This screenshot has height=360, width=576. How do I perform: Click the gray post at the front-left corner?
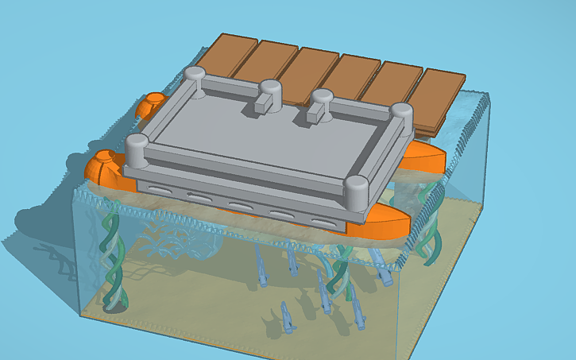tap(137, 149)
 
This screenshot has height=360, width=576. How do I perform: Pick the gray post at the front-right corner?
tap(357, 191)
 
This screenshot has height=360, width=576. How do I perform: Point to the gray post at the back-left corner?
tap(195, 77)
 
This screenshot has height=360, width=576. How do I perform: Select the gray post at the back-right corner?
tap(403, 114)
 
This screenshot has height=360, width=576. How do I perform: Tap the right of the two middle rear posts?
tap(322, 100)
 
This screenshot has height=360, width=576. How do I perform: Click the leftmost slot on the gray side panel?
tap(159, 189)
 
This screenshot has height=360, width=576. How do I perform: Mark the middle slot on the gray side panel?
tap(238, 205)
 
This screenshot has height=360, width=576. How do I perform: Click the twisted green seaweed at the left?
tap(111, 254)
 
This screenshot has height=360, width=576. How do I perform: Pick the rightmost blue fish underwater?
tap(385, 274)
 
